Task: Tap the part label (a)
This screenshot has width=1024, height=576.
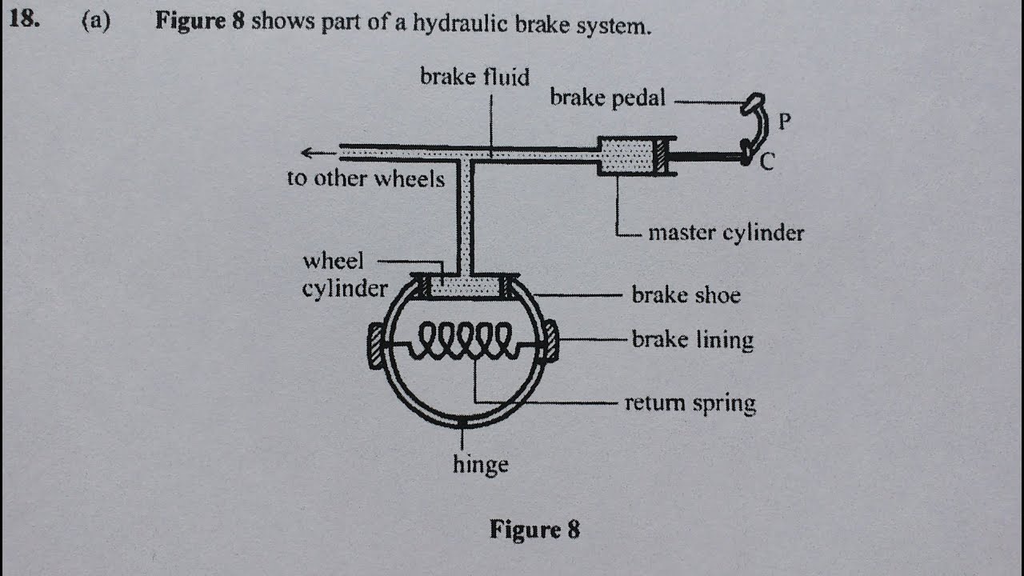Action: pyautogui.click(x=95, y=22)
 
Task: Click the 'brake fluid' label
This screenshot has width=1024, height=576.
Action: pyautogui.click(x=474, y=78)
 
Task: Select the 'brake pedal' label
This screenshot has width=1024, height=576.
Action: pyautogui.click(x=607, y=98)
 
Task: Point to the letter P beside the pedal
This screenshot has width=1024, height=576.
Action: pyautogui.click(x=785, y=122)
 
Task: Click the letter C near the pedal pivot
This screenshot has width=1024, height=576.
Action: pyautogui.click(x=767, y=163)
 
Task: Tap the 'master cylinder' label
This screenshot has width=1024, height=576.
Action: pyautogui.click(x=726, y=233)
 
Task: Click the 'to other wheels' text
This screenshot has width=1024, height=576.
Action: pyautogui.click(x=366, y=178)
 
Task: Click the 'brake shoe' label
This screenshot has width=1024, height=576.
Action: pyautogui.click(x=686, y=295)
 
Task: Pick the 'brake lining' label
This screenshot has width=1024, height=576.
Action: pyautogui.click(x=692, y=340)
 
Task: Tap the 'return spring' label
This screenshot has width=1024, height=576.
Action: pyautogui.click(x=690, y=402)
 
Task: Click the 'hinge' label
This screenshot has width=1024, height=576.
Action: pyautogui.click(x=480, y=465)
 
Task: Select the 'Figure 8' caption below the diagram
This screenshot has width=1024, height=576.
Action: pyautogui.click(x=534, y=530)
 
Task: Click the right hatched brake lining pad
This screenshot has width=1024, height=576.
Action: pyautogui.click(x=550, y=341)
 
